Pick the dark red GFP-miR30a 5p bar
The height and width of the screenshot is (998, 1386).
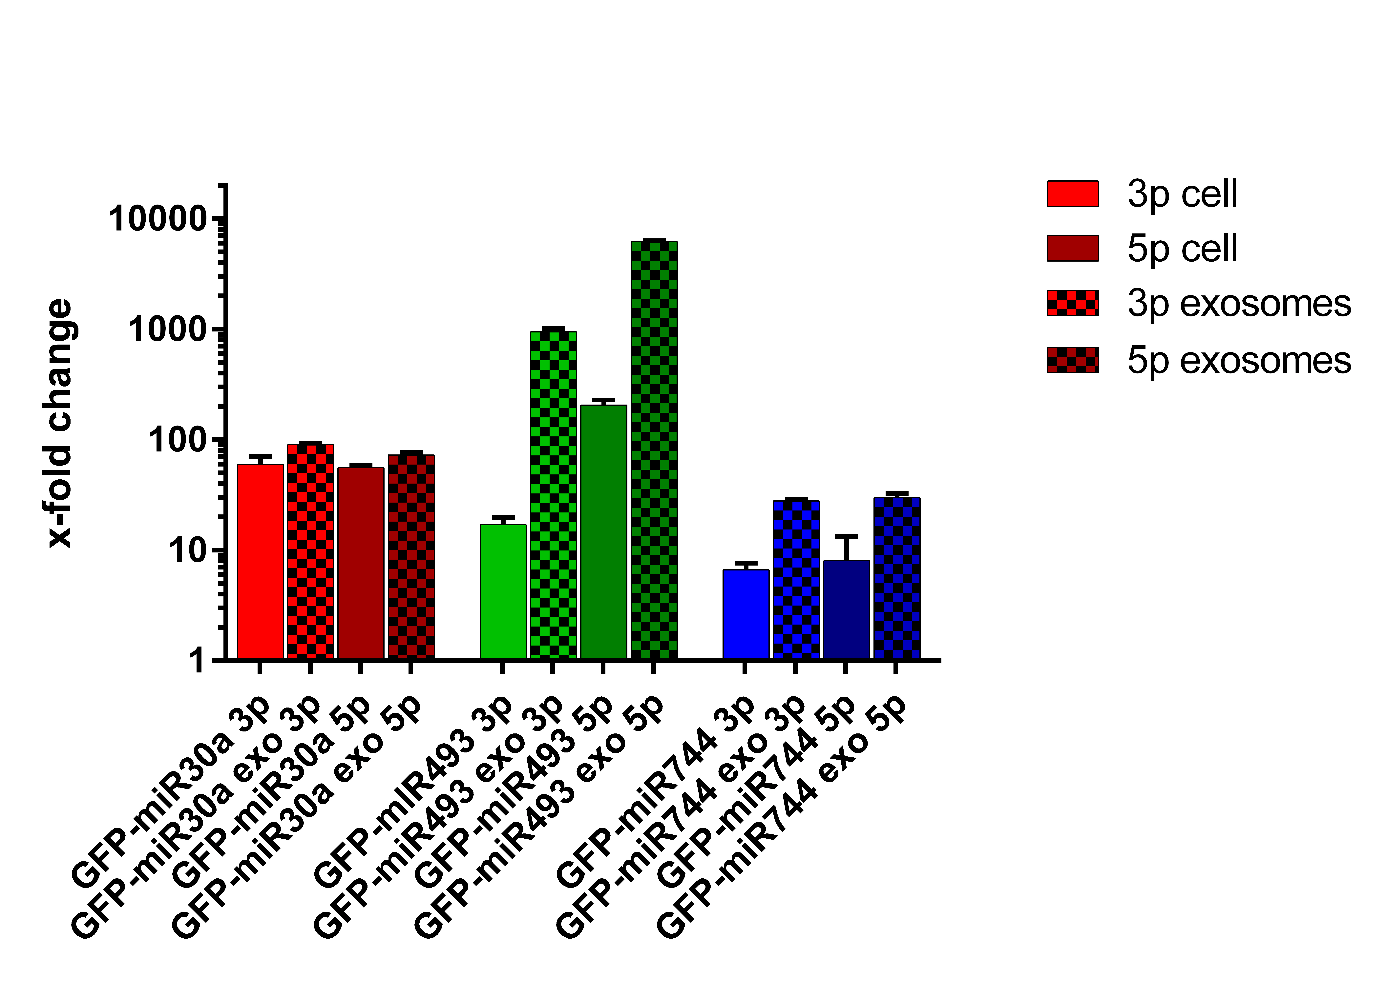point(361,563)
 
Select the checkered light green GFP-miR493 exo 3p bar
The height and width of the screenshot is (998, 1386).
point(553,495)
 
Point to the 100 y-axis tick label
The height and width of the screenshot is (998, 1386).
point(177,440)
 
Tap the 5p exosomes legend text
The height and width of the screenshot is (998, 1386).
point(1239,360)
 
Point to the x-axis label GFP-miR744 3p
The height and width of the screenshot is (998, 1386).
point(657,794)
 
